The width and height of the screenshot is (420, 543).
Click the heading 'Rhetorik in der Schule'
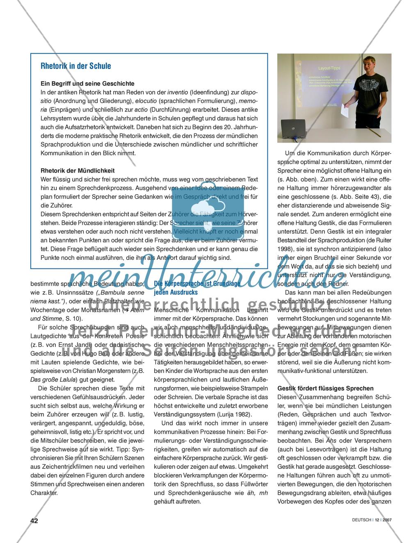75,66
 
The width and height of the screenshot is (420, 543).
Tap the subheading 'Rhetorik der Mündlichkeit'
78,170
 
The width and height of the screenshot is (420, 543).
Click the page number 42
34,520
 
